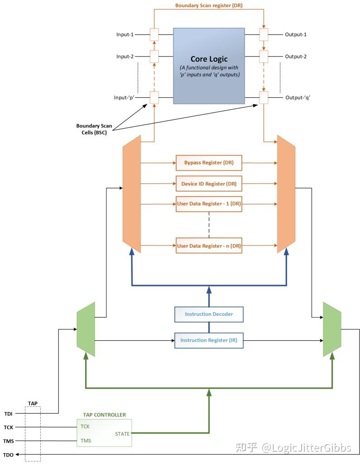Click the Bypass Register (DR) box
[x=209, y=162]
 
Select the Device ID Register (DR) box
[x=209, y=184]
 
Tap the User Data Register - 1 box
[x=209, y=204]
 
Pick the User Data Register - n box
[x=209, y=246]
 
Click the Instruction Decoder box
[x=209, y=314]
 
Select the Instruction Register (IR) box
[x=209, y=340]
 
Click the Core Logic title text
[x=209, y=59]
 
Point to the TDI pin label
[x=9, y=413]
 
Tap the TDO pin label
[x=9, y=454]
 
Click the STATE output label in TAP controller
[x=122, y=434]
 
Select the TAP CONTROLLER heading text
[x=104, y=415]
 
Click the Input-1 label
[x=125, y=34]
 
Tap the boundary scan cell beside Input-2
[x=154, y=57]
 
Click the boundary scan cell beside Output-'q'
[x=264, y=97]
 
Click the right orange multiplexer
[x=286, y=194]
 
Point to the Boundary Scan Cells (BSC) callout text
[x=95, y=130]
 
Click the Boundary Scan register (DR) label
[x=209, y=5]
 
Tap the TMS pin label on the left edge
[x=9, y=441]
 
